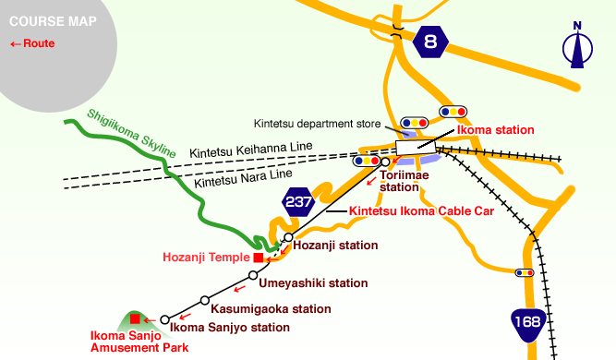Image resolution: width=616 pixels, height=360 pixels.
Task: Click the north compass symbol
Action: click(579, 46)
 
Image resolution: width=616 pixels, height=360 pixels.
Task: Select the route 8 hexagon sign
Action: click(430, 41)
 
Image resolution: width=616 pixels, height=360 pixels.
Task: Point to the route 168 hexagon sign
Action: click(527, 325)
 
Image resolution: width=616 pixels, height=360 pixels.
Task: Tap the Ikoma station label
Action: click(495, 131)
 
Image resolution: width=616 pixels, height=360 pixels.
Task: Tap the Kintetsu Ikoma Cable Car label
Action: click(421, 211)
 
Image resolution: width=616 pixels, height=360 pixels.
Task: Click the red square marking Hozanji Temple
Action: click(259, 258)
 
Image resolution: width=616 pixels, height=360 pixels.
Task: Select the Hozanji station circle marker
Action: click(288, 237)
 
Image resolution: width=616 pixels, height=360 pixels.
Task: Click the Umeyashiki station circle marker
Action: click(253, 275)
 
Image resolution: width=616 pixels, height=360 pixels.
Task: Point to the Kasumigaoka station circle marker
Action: click(205, 300)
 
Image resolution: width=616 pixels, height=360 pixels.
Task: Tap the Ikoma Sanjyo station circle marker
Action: click(165, 319)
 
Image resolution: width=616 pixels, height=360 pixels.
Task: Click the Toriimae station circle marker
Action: click(385, 162)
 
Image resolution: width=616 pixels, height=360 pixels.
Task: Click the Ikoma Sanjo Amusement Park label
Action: click(139, 342)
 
